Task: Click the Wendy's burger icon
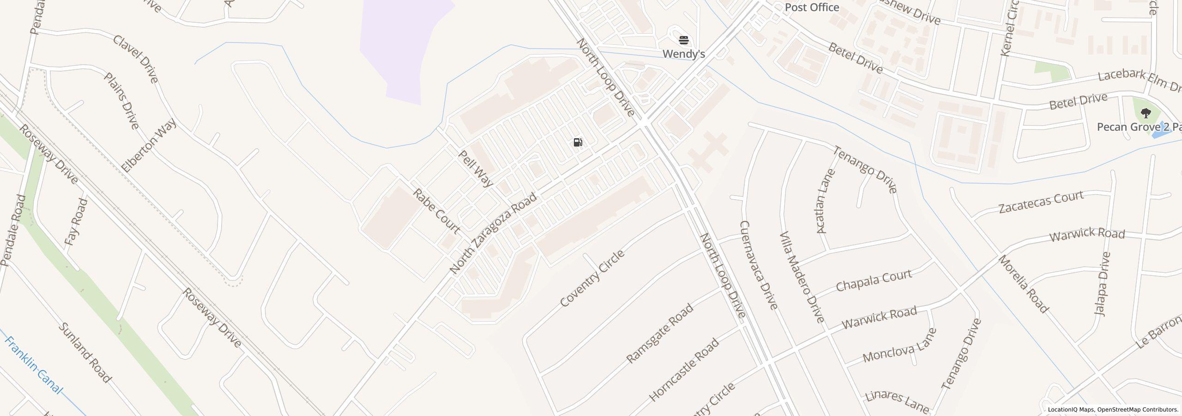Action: (x=684, y=40)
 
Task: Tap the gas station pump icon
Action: (x=578, y=142)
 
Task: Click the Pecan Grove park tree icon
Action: (x=1146, y=113)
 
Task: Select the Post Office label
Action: (x=812, y=7)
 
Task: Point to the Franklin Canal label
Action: (x=33, y=365)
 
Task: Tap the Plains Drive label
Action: (x=121, y=101)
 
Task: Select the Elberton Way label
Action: (x=149, y=145)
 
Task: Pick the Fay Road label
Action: (x=76, y=222)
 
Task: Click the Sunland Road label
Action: (x=85, y=353)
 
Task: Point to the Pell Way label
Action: (x=476, y=168)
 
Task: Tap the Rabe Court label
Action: (x=436, y=211)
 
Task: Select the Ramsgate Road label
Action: (x=660, y=333)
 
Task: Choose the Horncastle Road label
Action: (x=684, y=370)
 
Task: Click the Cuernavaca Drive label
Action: (x=759, y=265)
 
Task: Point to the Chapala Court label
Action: (x=874, y=280)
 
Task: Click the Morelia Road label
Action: (x=1024, y=284)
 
